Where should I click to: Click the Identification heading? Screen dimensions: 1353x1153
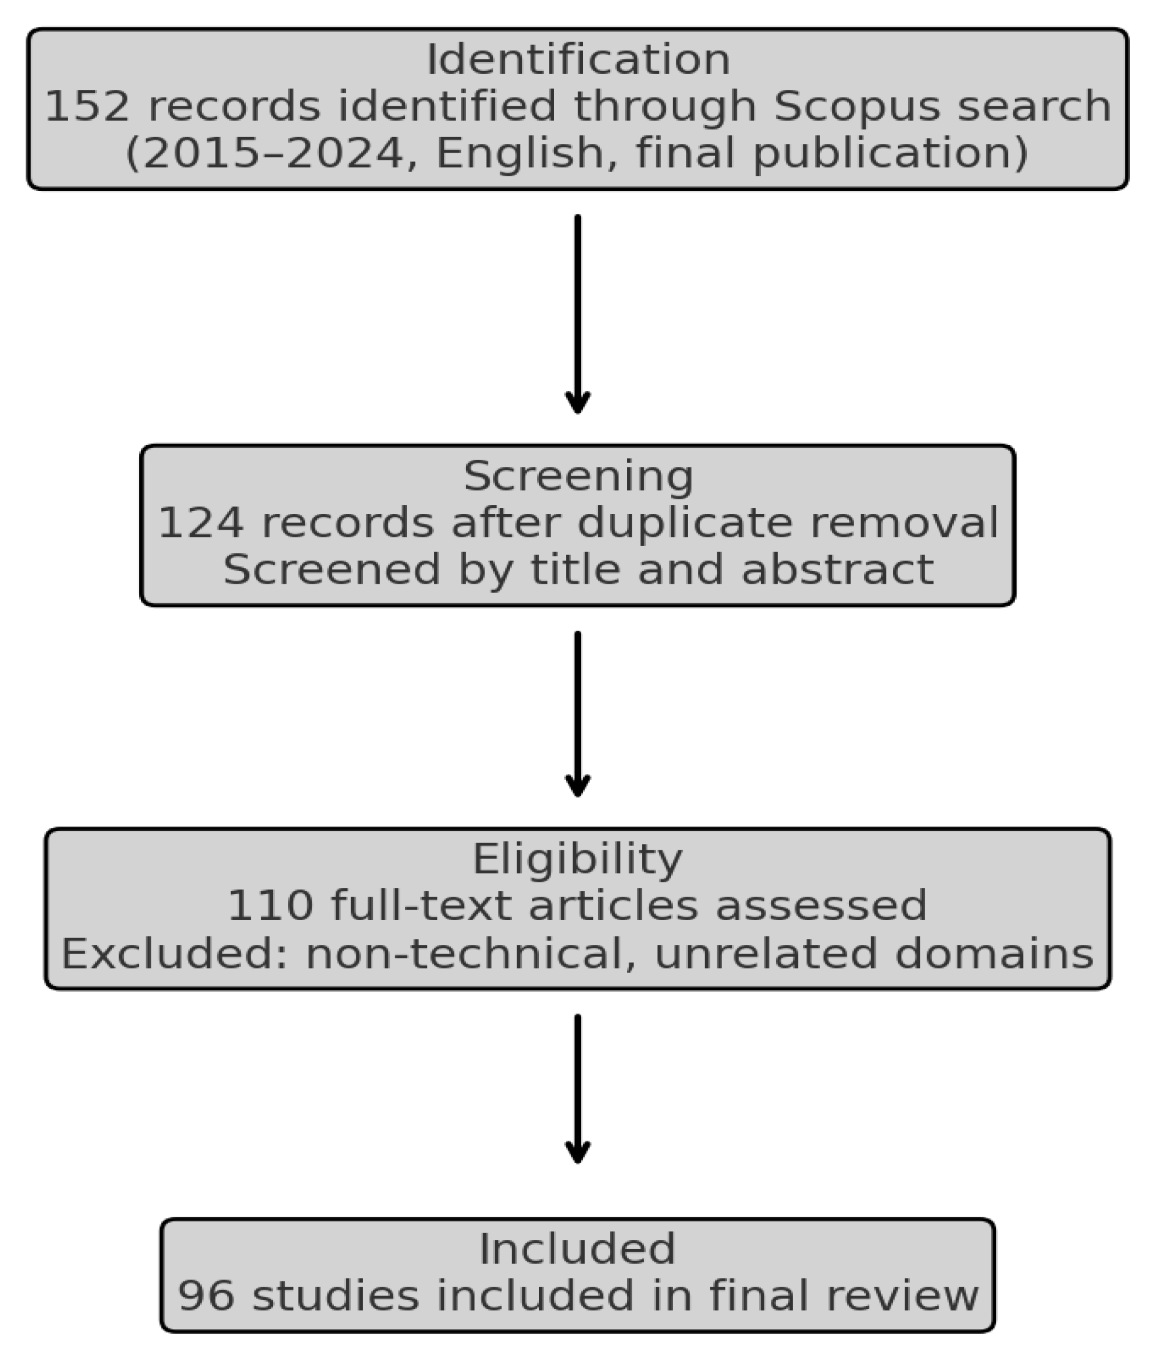point(577,60)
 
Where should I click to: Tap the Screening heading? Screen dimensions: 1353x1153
point(578,476)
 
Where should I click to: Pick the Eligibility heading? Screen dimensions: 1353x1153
point(577,859)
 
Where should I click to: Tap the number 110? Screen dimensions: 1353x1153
point(269,906)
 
